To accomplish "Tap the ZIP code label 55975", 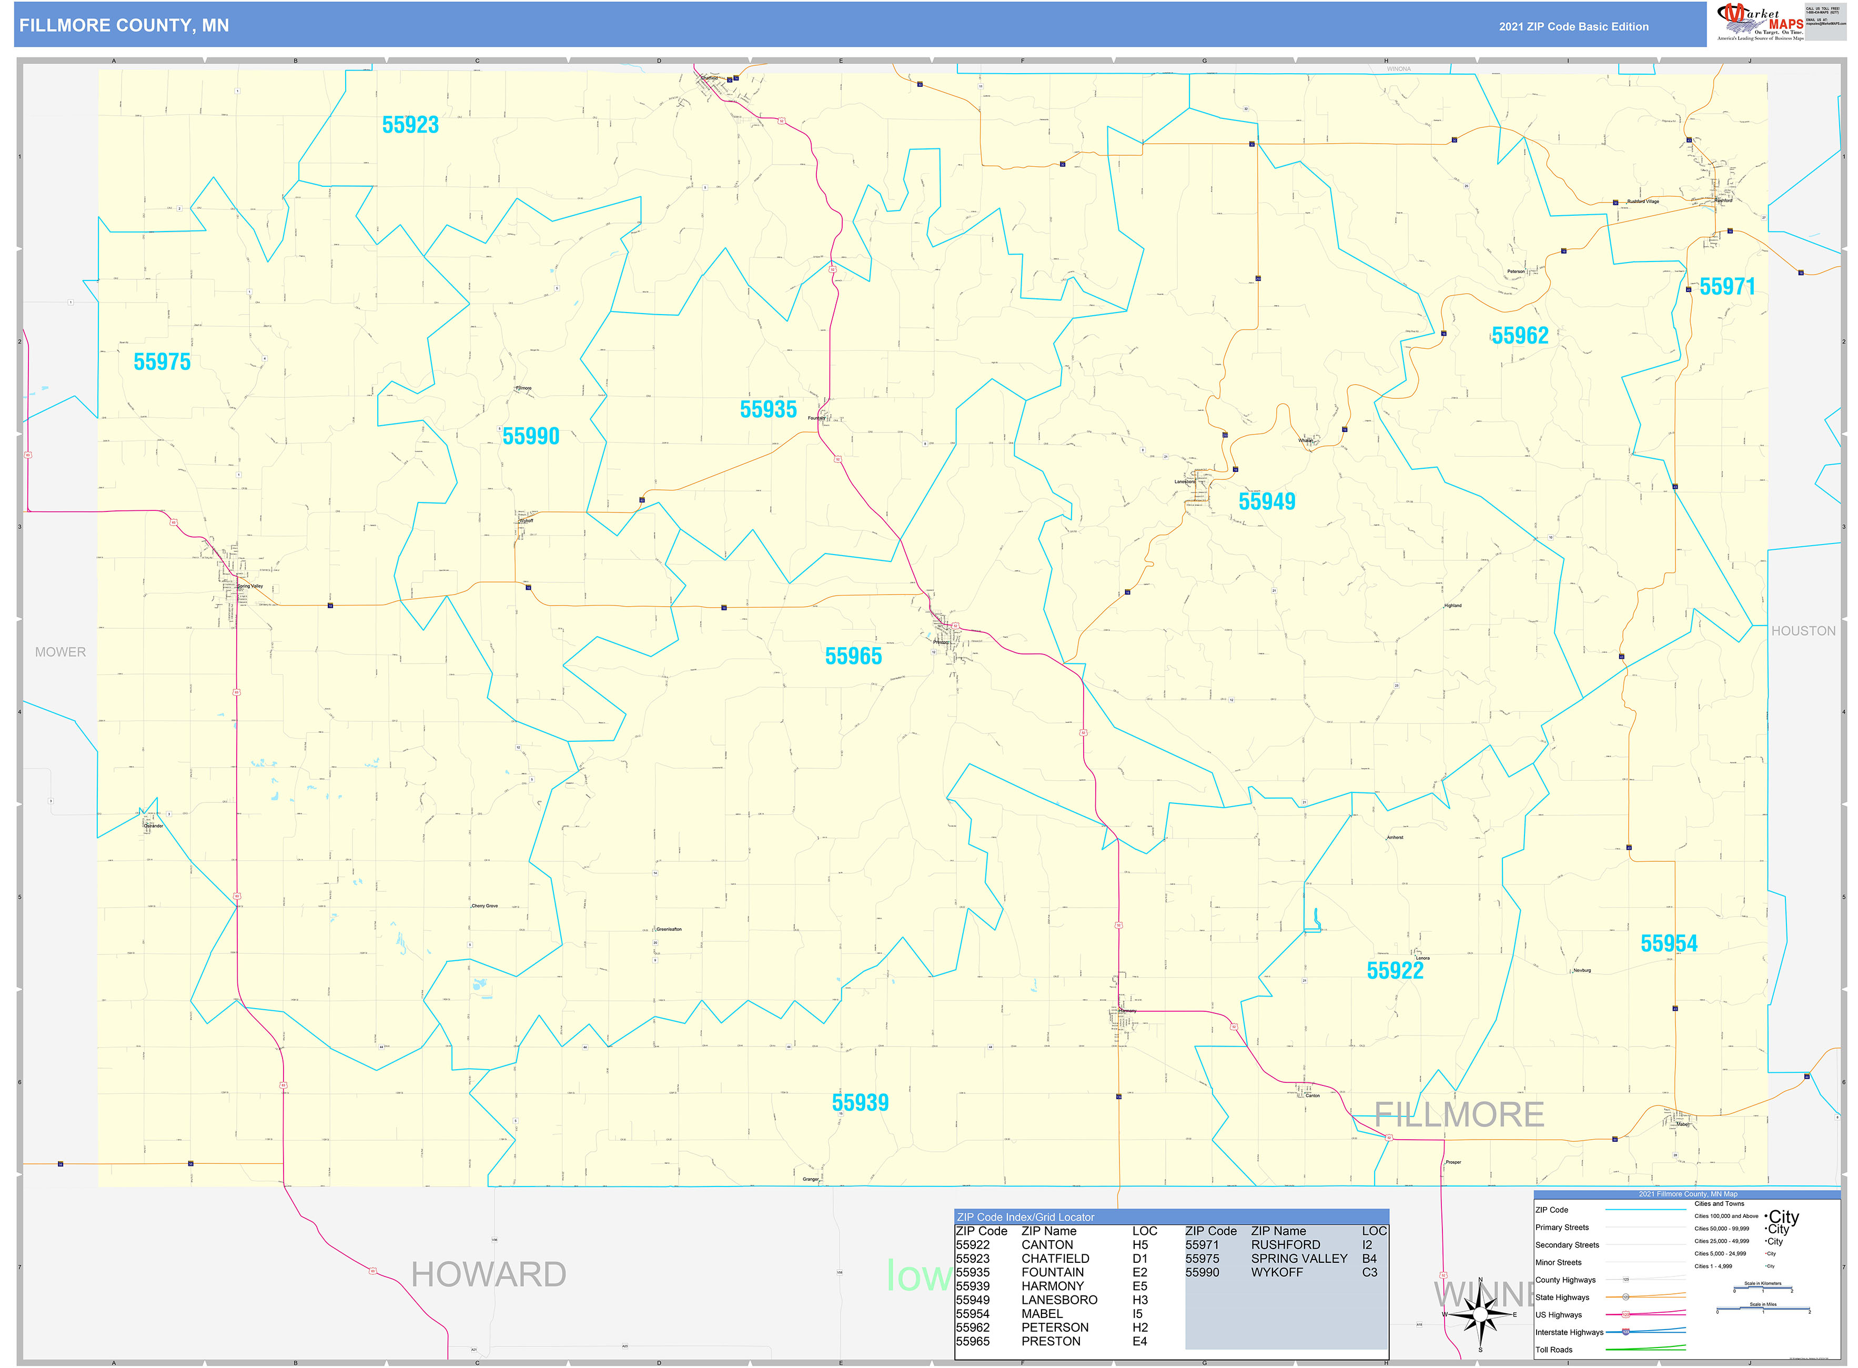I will [x=161, y=362].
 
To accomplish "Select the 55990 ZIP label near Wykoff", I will [x=531, y=436].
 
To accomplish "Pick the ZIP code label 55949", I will [x=1266, y=501].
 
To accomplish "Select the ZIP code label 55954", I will [x=1669, y=943].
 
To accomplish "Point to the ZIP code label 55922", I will [x=1395, y=971].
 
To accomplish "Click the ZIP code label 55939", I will [x=860, y=1102].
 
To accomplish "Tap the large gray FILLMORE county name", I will [x=1459, y=1114].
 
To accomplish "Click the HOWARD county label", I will [x=489, y=1274].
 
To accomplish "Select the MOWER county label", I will [x=60, y=652].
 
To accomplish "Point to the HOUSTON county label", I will [x=1803, y=631].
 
